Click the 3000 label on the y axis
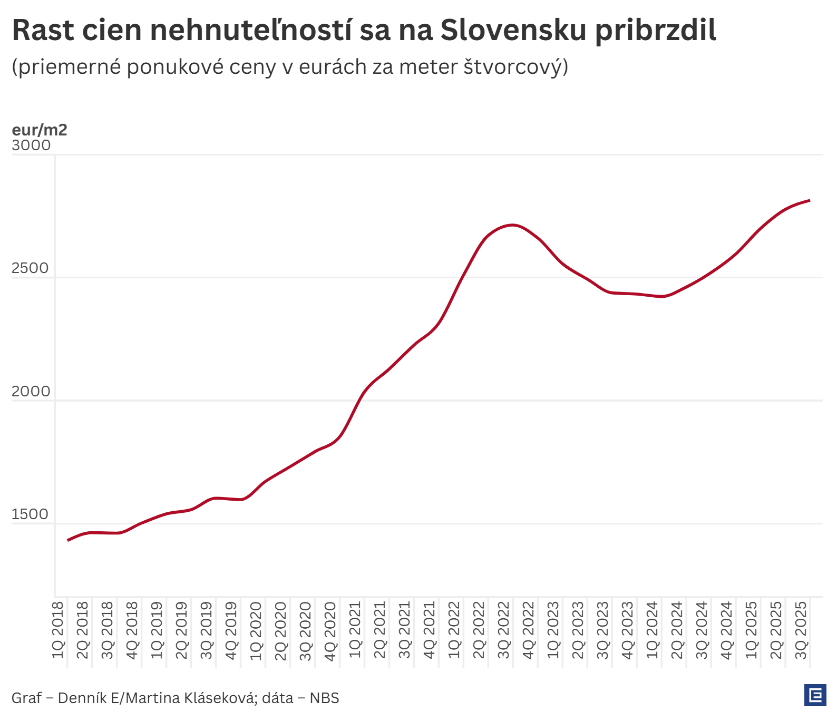[x=31, y=145]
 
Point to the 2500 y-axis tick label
[x=30, y=268]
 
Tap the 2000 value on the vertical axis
[x=31, y=391]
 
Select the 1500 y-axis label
[x=30, y=514]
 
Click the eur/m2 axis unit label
[x=40, y=130]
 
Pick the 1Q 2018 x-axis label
[x=58, y=630]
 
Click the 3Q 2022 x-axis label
[x=504, y=630]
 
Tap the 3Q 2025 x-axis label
[x=801, y=630]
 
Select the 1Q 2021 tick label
[x=355, y=630]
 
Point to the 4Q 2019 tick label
[x=231, y=630]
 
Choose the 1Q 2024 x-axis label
[x=653, y=630]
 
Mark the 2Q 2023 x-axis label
[x=578, y=630]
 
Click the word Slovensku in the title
[x=513, y=30]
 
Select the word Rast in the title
[x=44, y=30]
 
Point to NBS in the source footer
[x=324, y=698]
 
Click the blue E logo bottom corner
[x=815, y=696]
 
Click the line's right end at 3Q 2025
[x=809, y=200]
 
